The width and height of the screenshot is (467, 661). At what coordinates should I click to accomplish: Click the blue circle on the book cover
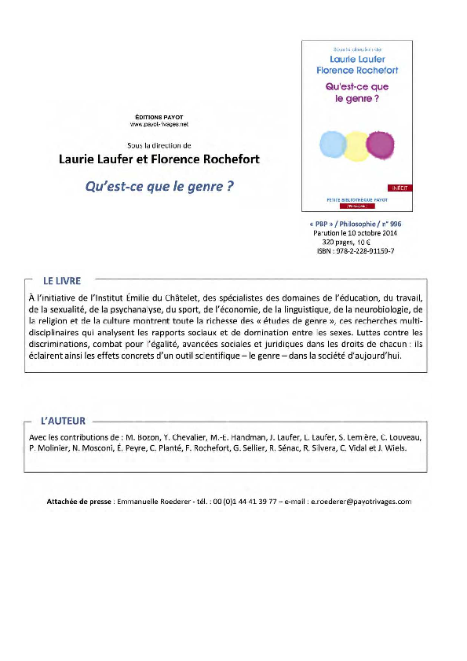tap(333, 144)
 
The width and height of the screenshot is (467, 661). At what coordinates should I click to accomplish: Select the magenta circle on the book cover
tap(379, 144)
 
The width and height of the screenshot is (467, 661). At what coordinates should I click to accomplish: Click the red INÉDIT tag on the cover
tap(400, 188)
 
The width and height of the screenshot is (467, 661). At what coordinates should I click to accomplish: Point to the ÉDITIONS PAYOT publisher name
tap(159, 117)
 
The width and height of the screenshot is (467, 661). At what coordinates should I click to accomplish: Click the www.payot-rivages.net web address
tap(159, 124)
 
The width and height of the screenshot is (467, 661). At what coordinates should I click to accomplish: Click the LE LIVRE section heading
tap(62, 280)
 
